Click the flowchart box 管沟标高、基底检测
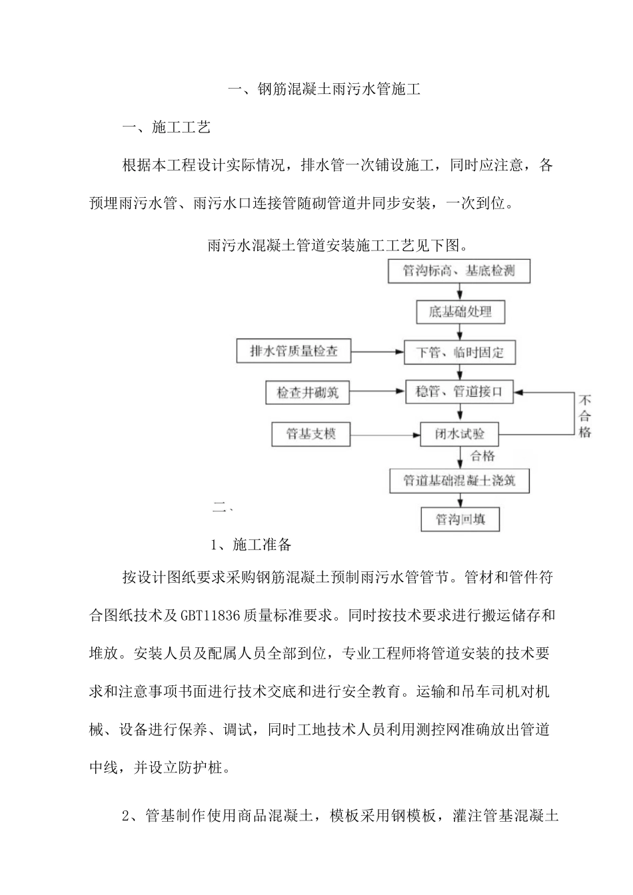point(459,271)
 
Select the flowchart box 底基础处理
point(460,312)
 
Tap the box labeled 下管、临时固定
point(460,352)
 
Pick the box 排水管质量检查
point(294,352)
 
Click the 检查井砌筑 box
point(307,393)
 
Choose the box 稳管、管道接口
point(459,393)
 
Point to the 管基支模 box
point(311,435)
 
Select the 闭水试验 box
point(460,435)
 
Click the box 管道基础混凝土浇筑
point(460,479)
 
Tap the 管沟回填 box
point(460,519)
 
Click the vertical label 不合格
point(584,417)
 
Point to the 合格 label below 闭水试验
point(483,456)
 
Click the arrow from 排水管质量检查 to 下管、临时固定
point(377,352)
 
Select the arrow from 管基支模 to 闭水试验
point(384,436)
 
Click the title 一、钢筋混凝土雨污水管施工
point(324,89)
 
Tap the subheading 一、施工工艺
point(167,127)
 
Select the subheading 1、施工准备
point(251,545)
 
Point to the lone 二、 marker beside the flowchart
point(222,507)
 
